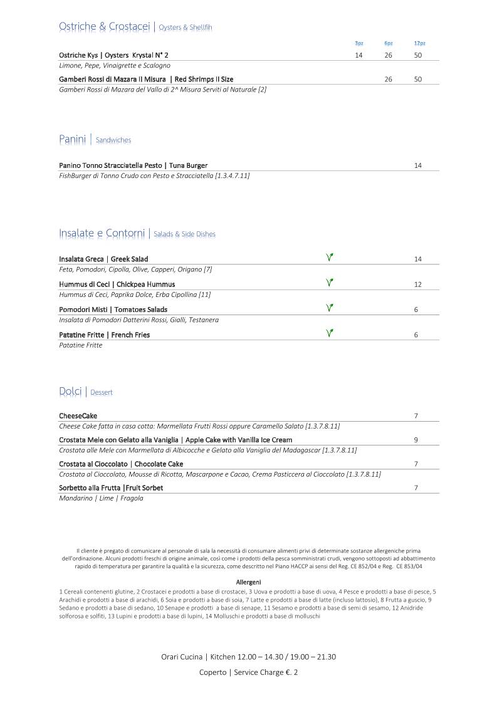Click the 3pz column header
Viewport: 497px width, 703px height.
(x=358, y=43)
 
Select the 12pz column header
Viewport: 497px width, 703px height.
(x=419, y=43)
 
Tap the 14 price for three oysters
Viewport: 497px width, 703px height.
(x=358, y=55)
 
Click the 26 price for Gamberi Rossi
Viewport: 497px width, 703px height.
(x=388, y=80)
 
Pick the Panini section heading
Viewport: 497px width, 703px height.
(x=72, y=139)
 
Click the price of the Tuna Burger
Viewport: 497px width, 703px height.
(x=417, y=165)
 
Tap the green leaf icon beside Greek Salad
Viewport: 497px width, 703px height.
(x=329, y=257)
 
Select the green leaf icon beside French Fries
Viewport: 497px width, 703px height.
(x=329, y=333)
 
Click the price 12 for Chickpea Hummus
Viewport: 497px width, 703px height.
(x=417, y=284)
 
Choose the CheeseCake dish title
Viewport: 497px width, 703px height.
(x=78, y=416)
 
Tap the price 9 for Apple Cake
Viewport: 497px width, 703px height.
(x=416, y=440)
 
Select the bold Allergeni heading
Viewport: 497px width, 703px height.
(x=248, y=582)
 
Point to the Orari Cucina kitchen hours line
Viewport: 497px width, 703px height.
(x=248, y=657)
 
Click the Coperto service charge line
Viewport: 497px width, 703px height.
(x=248, y=672)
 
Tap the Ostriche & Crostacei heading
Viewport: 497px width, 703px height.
(x=104, y=26)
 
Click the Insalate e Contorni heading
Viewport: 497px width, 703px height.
(x=102, y=233)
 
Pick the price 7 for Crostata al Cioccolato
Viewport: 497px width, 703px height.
(x=416, y=464)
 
